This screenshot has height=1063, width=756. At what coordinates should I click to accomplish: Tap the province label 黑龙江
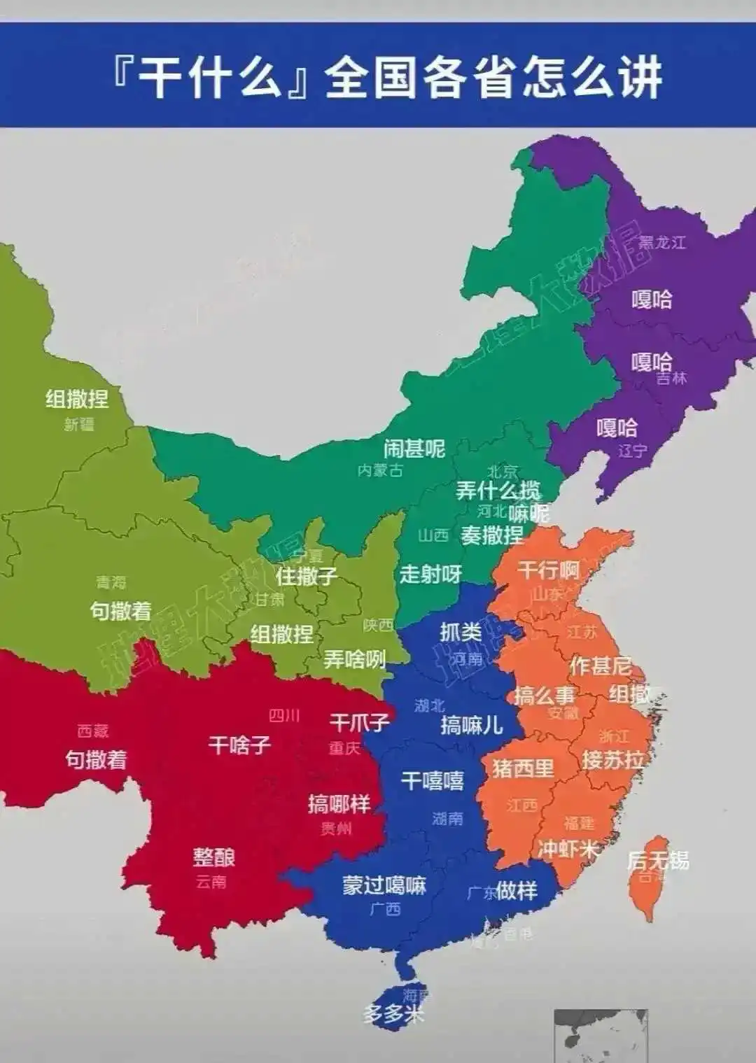click(x=661, y=242)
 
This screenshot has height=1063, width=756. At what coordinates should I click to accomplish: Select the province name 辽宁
click(x=632, y=451)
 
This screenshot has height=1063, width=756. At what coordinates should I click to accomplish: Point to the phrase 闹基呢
click(x=414, y=448)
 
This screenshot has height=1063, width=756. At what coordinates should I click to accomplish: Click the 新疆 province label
click(x=78, y=424)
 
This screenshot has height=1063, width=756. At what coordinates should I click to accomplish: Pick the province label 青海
click(x=111, y=582)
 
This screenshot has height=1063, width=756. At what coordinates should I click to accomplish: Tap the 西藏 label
click(x=93, y=731)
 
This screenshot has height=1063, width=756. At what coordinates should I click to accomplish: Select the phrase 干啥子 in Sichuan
click(x=239, y=745)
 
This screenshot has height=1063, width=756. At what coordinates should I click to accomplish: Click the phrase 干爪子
click(x=359, y=722)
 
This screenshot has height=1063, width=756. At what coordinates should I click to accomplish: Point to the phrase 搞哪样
click(x=339, y=803)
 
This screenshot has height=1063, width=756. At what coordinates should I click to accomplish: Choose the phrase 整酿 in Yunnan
click(x=214, y=857)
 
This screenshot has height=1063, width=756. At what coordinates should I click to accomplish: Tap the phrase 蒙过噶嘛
click(x=384, y=885)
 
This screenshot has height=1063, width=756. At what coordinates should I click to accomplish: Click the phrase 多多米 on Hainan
click(x=393, y=1013)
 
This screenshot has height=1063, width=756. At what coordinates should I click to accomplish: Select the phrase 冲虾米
click(x=569, y=849)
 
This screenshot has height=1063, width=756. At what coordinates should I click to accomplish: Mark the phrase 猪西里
click(x=523, y=768)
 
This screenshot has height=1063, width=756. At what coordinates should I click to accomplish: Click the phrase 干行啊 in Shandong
click(x=549, y=570)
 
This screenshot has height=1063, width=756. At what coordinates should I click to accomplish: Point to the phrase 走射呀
click(x=430, y=575)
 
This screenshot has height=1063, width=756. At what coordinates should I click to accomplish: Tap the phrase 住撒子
click(x=306, y=576)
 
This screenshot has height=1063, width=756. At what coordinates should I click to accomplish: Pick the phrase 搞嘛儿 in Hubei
click(x=472, y=725)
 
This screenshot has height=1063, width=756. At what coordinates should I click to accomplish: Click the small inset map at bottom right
click(x=601, y=1036)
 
